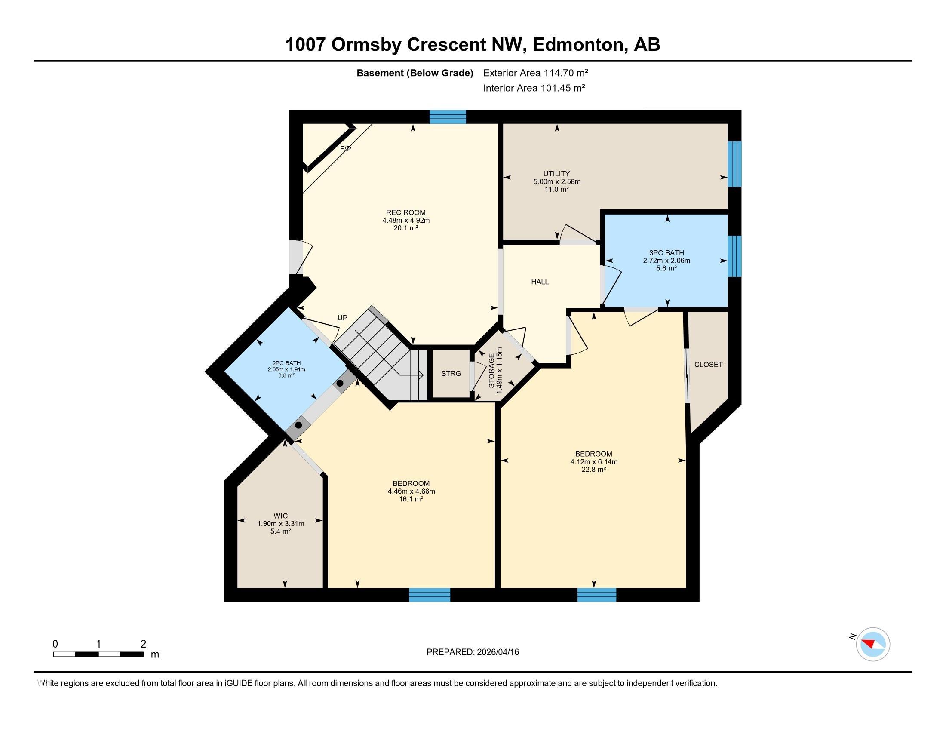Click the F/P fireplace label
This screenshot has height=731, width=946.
pyautogui.click(x=345, y=149)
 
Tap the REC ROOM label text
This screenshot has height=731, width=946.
pyautogui.click(x=406, y=212)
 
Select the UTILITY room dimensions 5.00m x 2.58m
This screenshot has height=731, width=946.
pyautogui.click(x=556, y=182)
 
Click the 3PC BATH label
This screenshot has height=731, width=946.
pyautogui.click(x=666, y=253)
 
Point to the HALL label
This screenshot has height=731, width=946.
pyautogui.click(x=540, y=282)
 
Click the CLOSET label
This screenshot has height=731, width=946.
pyautogui.click(x=708, y=365)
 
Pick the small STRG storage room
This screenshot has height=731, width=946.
pyautogui.click(x=451, y=374)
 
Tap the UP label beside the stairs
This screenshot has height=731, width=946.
pyautogui.click(x=342, y=318)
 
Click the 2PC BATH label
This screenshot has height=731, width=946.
pyautogui.click(x=286, y=363)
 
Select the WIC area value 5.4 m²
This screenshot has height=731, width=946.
pyautogui.click(x=280, y=531)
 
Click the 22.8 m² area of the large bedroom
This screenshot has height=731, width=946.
pyautogui.click(x=593, y=470)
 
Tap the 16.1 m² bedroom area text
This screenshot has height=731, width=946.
pyautogui.click(x=411, y=499)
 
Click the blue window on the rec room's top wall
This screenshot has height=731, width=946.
pyautogui.click(x=448, y=117)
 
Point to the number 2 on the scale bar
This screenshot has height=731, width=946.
pyautogui.click(x=143, y=644)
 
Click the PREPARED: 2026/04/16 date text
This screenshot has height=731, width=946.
pyautogui.click(x=473, y=652)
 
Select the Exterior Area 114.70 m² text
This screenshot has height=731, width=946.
pyautogui.click(x=535, y=73)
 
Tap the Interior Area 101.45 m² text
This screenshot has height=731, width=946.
pyautogui.click(x=534, y=88)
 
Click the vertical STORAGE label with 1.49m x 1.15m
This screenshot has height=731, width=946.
pyautogui.click(x=495, y=371)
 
